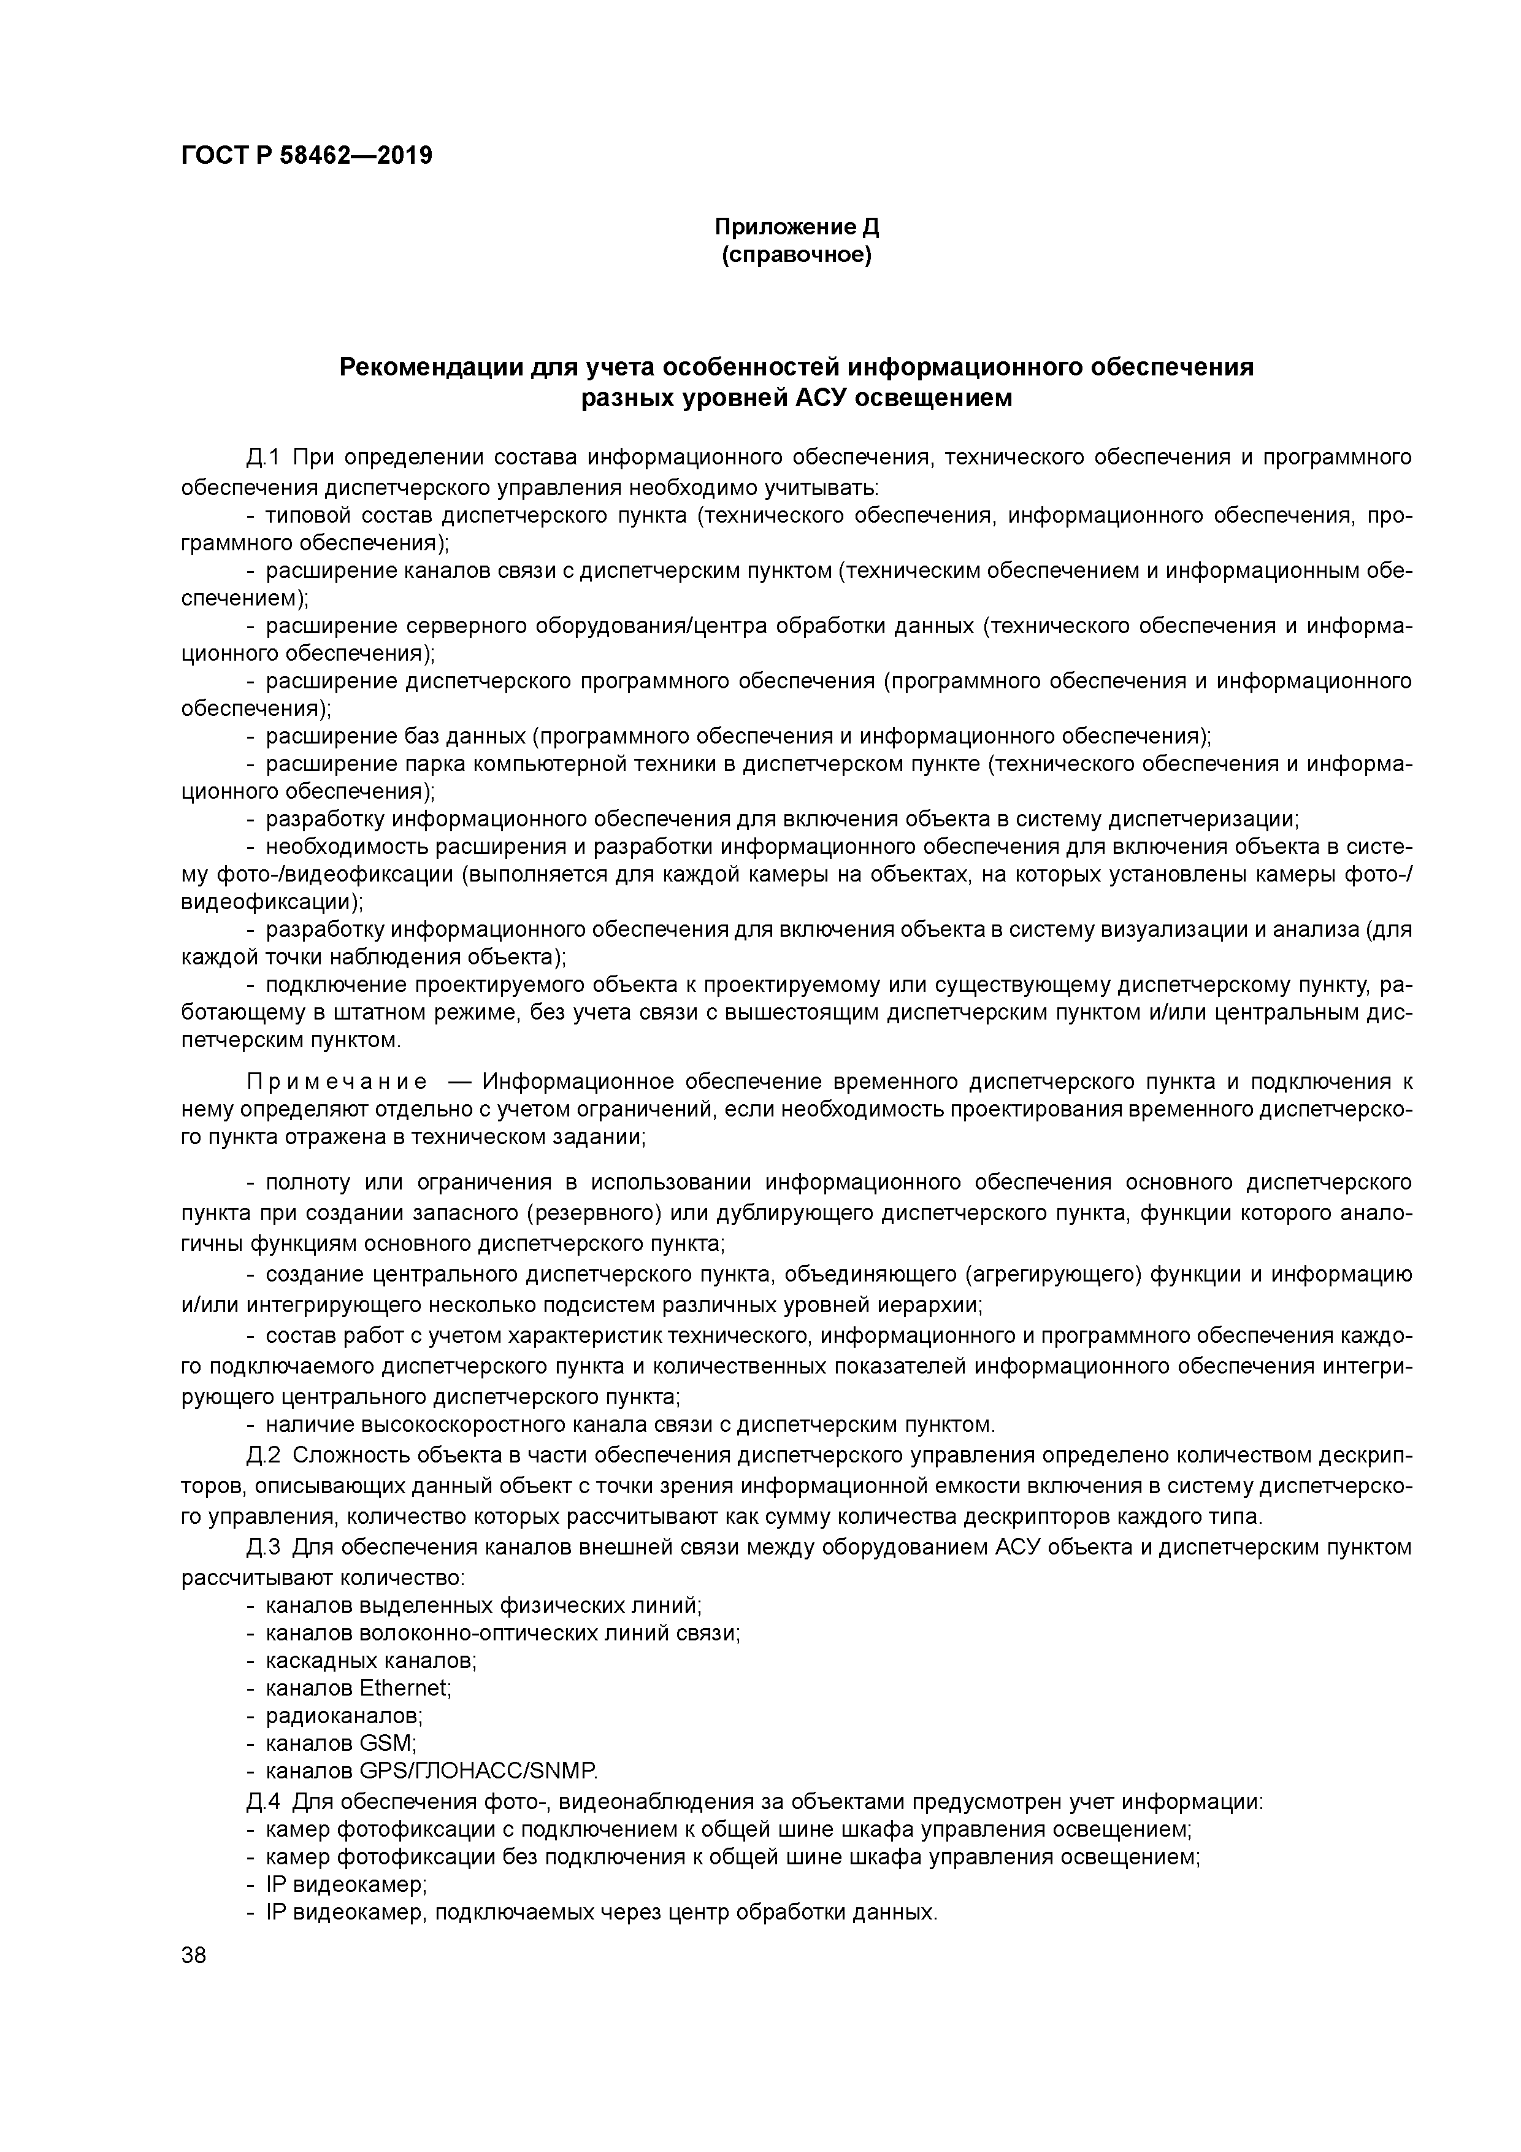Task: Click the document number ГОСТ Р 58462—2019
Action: click(x=307, y=156)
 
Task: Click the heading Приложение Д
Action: click(x=797, y=227)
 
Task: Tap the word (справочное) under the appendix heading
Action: click(x=797, y=255)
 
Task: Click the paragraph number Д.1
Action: click(x=263, y=458)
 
